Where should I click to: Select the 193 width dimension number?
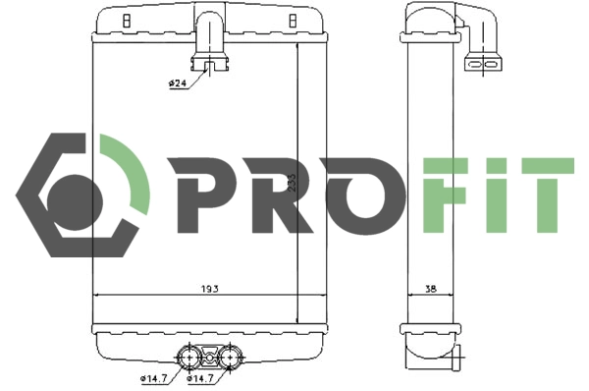[x=209, y=288]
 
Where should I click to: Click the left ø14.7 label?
[x=155, y=378]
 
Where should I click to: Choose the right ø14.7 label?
[x=201, y=378]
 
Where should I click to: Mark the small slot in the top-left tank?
[x=125, y=20]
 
